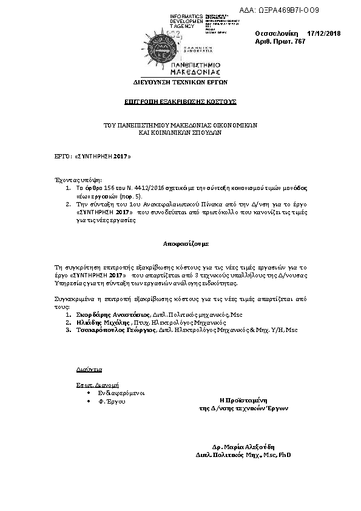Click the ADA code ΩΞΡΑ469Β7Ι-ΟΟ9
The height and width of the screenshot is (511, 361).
tap(297, 10)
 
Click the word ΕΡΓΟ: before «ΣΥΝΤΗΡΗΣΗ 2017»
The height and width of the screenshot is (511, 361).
tap(63, 156)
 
